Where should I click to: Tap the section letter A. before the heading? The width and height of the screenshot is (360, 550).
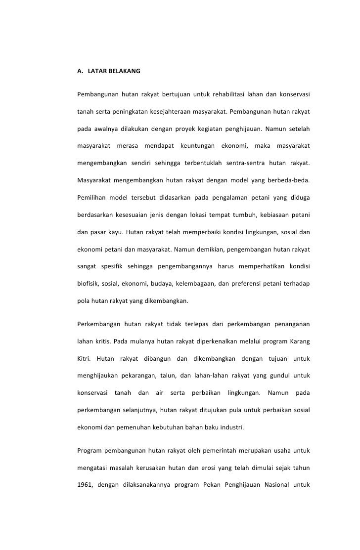(x=80, y=72)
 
